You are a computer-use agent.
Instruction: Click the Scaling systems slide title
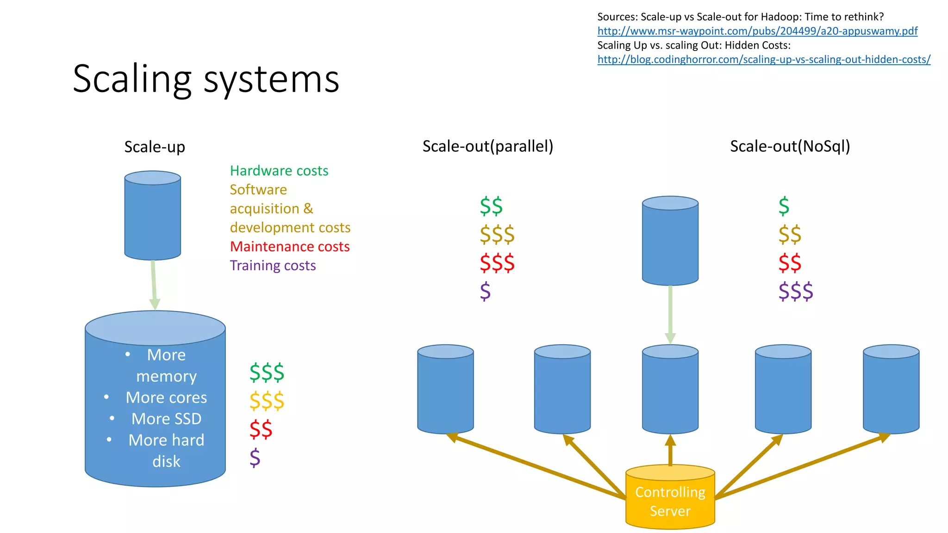coord(206,79)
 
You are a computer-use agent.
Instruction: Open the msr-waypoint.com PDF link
coord(757,31)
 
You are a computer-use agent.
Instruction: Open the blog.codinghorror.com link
coord(764,60)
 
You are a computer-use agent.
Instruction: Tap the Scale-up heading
coord(155,147)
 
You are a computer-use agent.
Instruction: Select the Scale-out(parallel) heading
coord(488,146)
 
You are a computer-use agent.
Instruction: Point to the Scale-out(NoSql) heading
coord(790,146)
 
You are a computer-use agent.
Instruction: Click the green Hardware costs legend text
coord(279,171)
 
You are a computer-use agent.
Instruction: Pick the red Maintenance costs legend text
coord(290,247)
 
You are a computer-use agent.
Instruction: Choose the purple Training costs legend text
coord(273,266)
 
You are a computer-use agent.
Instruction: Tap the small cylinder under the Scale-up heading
coord(153,216)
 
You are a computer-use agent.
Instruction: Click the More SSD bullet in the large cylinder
coord(166,419)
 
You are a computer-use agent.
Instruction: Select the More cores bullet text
coord(166,397)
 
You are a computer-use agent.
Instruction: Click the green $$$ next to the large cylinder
coord(267,372)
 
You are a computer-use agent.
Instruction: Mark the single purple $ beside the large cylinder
coord(255,458)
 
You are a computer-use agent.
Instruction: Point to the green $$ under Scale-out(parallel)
coord(491,206)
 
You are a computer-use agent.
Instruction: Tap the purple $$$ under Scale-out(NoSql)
coord(795,291)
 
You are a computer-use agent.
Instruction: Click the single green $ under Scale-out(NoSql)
coord(784,206)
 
